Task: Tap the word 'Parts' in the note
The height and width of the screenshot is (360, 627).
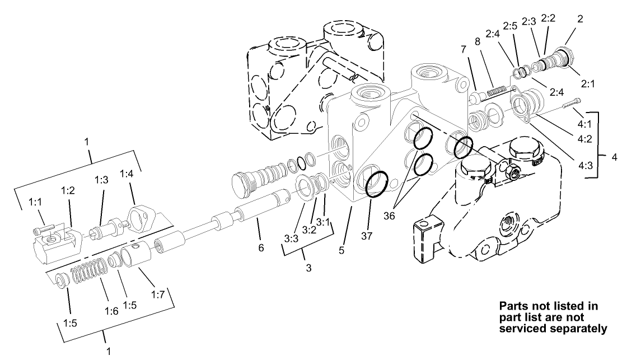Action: tap(512, 306)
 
